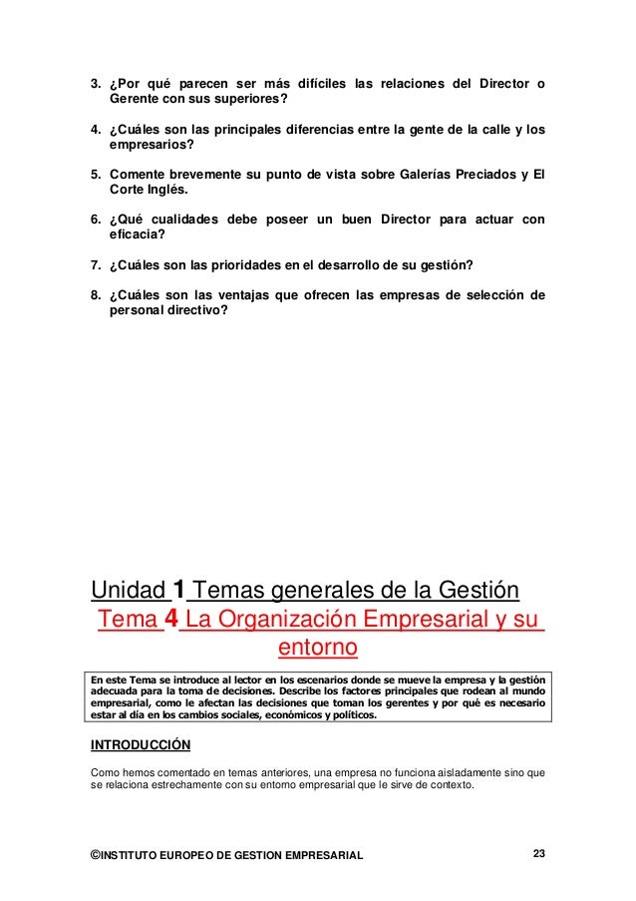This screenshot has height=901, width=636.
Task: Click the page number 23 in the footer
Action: coord(538,854)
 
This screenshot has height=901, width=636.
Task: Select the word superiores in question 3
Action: coord(249,99)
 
